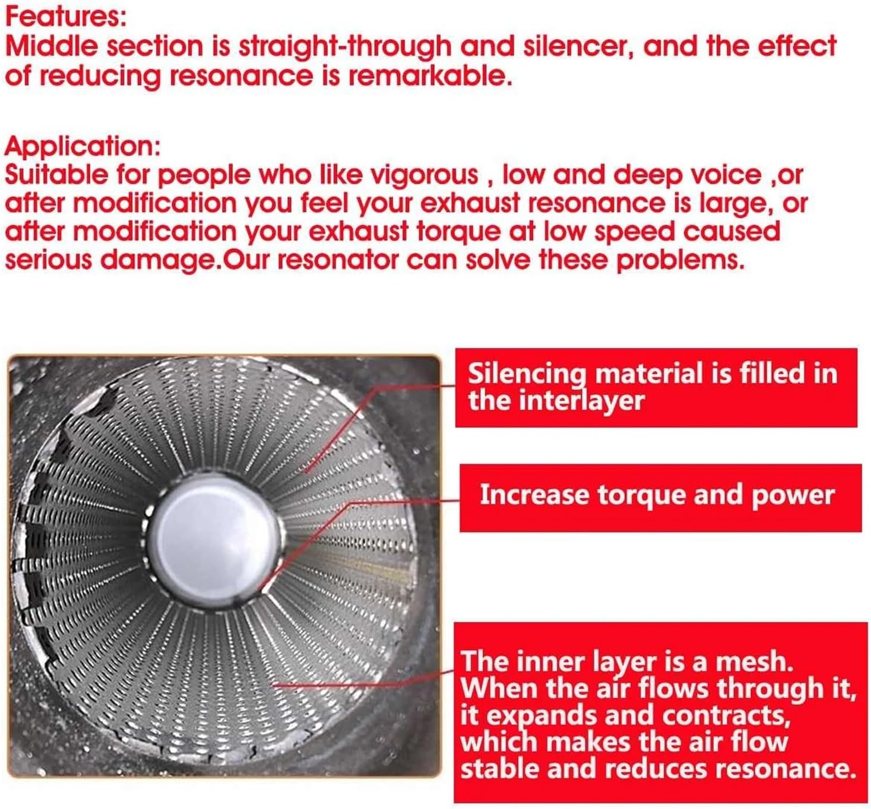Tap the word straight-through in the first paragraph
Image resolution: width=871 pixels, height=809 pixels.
345,46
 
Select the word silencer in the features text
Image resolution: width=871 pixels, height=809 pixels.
578,46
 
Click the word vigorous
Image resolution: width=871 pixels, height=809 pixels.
425,175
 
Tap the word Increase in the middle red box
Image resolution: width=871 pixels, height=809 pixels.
535,495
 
